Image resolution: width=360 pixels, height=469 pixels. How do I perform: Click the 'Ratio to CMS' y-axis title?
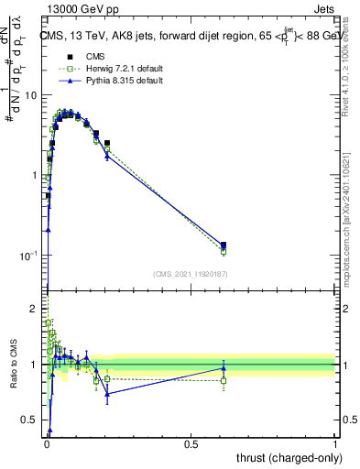(13, 366)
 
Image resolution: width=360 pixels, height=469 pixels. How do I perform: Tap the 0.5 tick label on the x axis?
(191, 443)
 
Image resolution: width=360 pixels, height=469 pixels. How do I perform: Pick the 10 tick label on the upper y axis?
(31, 95)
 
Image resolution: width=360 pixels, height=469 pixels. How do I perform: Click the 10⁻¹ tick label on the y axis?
(29, 255)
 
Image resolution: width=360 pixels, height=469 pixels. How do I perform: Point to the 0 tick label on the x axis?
(47, 443)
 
